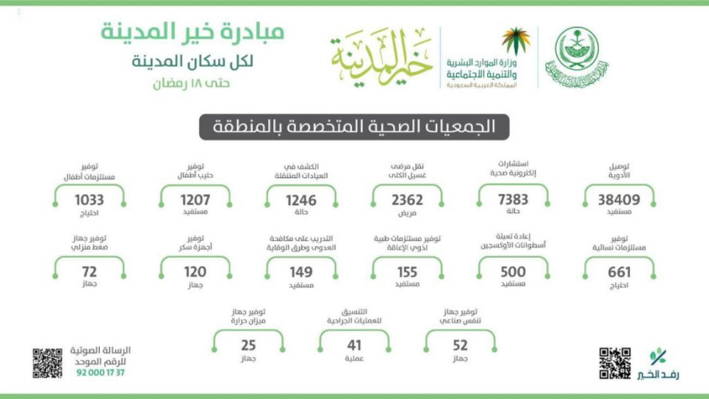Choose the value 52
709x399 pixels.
(x=460, y=346)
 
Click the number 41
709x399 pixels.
(x=354, y=346)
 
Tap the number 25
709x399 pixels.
(x=248, y=346)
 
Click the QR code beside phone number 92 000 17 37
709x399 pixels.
(x=47, y=363)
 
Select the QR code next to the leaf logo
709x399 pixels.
(x=615, y=363)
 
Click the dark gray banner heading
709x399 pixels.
(x=354, y=127)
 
